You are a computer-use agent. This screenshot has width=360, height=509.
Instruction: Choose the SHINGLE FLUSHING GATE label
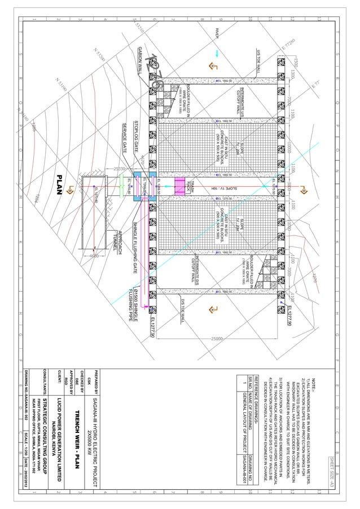135,243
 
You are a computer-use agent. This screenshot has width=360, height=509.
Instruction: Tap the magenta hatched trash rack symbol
181,186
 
